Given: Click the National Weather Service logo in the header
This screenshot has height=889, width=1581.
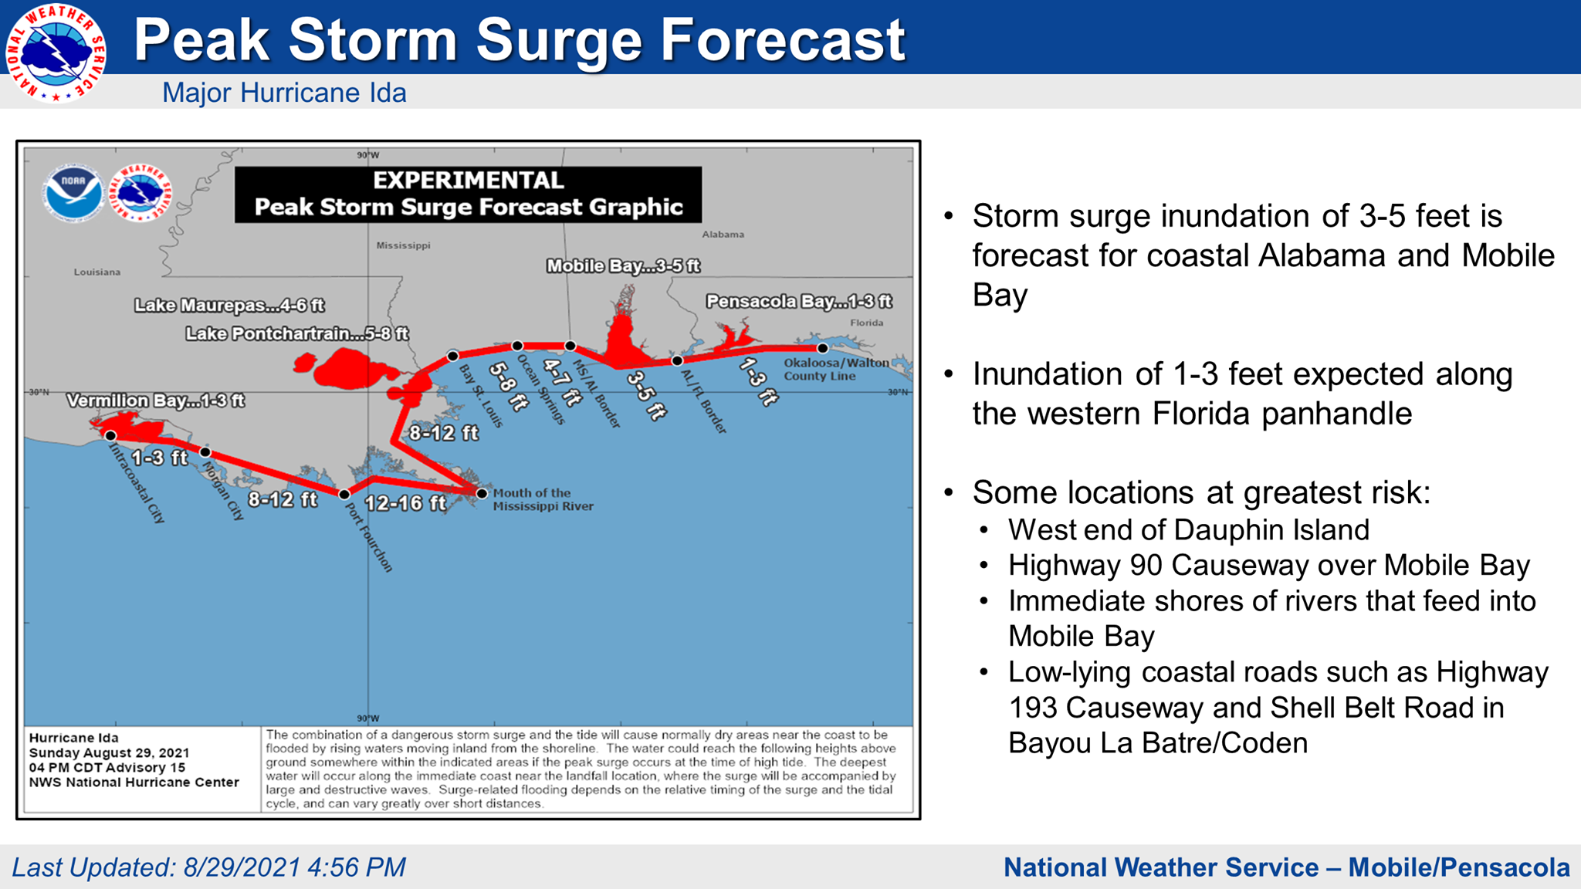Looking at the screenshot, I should click(56, 52).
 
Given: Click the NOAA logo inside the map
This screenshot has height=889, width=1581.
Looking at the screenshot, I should click(73, 193).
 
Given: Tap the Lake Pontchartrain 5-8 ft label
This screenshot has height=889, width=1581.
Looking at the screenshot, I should click(296, 333).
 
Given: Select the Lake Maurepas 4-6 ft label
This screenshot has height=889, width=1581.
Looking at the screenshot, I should click(229, 306).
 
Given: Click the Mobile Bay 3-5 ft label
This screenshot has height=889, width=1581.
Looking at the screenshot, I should click(623, 266).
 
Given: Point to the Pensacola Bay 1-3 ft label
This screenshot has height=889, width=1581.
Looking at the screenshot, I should click(799, 301).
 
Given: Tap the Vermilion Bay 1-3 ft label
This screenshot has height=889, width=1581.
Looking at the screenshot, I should click(155, 401).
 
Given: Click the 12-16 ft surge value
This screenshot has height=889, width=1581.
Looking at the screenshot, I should click(405, 503).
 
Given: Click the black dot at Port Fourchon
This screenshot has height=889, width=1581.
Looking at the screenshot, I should click(344, 494).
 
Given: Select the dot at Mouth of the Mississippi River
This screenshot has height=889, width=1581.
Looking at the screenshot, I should click(482, 493).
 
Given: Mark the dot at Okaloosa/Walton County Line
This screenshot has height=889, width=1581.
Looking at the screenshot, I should click(823, 348).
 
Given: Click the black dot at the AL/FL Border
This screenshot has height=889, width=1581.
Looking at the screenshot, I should click(677, 360).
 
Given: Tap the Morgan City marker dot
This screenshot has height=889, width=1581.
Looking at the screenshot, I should click(205, 452).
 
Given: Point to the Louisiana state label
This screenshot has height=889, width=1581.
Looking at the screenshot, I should click(97, 272).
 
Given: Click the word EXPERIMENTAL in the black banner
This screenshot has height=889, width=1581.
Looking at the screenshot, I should click(469, 181).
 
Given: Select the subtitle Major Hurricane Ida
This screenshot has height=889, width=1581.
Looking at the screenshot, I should click(284, 93).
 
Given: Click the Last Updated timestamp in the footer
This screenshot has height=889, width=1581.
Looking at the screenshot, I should click(208, 867).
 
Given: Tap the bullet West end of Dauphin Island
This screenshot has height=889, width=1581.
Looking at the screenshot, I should click(1188, 530).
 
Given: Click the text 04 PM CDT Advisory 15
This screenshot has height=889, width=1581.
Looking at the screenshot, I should click(107, 767).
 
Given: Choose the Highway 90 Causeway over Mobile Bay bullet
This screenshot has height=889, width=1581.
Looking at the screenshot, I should click(1268, 566).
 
